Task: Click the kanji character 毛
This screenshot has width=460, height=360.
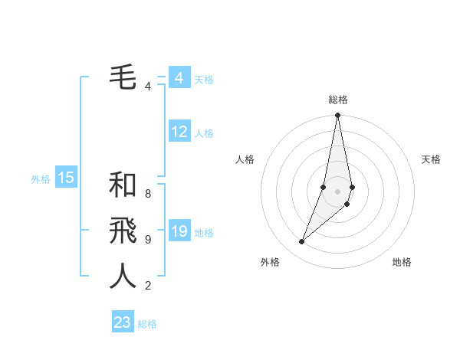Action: (123, 77)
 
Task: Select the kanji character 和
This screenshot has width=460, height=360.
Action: (123, 185)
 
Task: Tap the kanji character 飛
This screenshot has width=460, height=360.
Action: (123, 230)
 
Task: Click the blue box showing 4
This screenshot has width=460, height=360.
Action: (179, 78)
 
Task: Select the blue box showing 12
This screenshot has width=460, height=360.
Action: (179, 132)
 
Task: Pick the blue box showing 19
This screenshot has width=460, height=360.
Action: (179, 231)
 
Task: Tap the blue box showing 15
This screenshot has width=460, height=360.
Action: (66, 178)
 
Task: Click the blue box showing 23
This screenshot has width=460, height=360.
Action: (123, 322)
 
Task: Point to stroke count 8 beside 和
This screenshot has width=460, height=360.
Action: (148, 194)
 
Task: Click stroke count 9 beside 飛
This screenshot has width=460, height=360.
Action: (148, 240)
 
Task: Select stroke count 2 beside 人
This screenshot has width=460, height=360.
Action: (148, 286)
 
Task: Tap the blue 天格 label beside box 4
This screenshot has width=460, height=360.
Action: (204, 80)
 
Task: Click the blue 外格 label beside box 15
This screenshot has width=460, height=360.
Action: (41, 179)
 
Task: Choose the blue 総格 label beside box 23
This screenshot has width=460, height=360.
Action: (147, 324)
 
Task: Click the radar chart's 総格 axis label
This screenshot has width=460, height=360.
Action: (337, 100)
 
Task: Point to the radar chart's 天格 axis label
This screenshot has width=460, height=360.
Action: (431, 159)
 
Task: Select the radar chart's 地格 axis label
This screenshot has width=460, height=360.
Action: (402, 262)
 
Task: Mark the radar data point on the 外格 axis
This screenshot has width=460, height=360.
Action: (302, 242)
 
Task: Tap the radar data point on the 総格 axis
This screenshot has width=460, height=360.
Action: (337, 116)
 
